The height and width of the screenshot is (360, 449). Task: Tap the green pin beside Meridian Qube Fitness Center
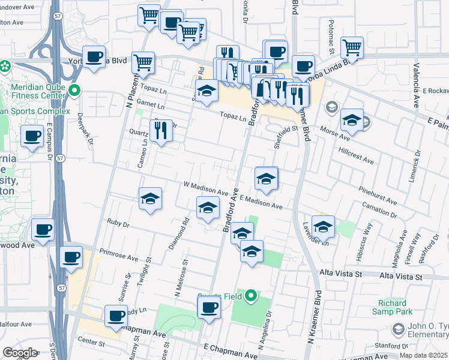point(74,91)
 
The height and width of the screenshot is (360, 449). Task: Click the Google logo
point(20,353)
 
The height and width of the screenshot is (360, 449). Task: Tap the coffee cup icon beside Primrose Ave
point(71,257)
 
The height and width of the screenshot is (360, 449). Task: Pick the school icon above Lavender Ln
point(323,227)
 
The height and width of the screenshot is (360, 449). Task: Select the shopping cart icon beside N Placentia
point(143,62)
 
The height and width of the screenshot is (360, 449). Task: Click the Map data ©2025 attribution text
point(424,355)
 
